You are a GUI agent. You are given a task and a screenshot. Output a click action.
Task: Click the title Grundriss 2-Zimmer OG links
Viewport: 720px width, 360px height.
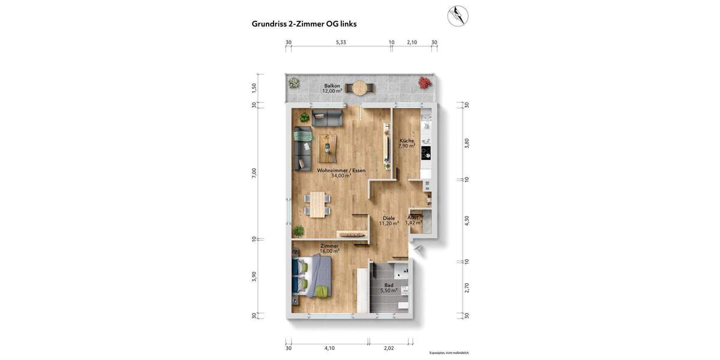304,24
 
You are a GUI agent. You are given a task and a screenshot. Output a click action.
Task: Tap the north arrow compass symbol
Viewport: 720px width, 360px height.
458,16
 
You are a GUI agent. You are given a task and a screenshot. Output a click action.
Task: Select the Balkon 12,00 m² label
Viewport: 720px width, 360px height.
332,88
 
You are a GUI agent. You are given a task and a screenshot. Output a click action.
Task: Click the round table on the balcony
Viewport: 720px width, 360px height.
360,88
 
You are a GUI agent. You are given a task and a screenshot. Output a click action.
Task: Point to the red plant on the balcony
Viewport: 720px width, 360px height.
425,82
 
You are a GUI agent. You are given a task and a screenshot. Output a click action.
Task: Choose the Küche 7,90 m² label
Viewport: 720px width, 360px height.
407,143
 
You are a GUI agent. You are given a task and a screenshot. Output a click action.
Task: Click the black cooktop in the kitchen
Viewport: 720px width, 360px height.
426,152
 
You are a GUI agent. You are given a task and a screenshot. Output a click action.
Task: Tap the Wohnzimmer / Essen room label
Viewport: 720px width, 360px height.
341,173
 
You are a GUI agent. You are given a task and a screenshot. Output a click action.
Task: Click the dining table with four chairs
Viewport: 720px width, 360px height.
317,203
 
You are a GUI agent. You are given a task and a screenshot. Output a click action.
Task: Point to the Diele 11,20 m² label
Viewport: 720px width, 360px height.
389,221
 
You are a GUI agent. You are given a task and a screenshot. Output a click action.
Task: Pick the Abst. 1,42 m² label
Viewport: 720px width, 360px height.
413,220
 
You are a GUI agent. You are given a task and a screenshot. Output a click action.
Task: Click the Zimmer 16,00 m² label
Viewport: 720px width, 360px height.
329,248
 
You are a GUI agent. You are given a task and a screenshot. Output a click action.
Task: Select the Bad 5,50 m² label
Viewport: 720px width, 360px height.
389,288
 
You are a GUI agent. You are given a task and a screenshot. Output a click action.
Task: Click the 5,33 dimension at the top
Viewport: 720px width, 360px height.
341,43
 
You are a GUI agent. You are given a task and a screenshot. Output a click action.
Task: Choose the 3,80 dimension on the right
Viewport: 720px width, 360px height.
467,143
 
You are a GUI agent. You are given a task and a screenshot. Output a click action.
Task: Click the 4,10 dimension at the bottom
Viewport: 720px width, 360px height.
329,348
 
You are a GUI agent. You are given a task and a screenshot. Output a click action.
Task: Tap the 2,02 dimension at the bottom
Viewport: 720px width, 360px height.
389,348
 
